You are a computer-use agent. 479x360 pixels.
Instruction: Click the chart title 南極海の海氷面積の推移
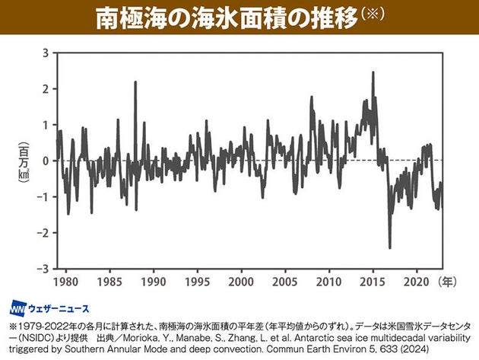[x=226, y=19]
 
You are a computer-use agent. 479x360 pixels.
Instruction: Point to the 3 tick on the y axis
[x=45, y=53]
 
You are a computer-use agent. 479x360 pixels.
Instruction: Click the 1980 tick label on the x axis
[x=65, y=281]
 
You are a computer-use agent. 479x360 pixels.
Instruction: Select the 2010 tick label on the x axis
[x=329, y=281]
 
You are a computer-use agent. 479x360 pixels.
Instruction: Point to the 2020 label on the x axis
[x=417, y=281]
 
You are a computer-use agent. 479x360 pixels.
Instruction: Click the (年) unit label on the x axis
[x=449, y=281]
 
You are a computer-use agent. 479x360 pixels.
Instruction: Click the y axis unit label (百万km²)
[x=24, y=161]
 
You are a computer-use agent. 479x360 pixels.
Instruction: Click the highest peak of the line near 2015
[x=373, y=73]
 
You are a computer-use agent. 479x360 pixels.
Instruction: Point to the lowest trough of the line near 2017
[x=390, y=247]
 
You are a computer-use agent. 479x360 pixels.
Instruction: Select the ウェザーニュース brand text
[x=59, y=309]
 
